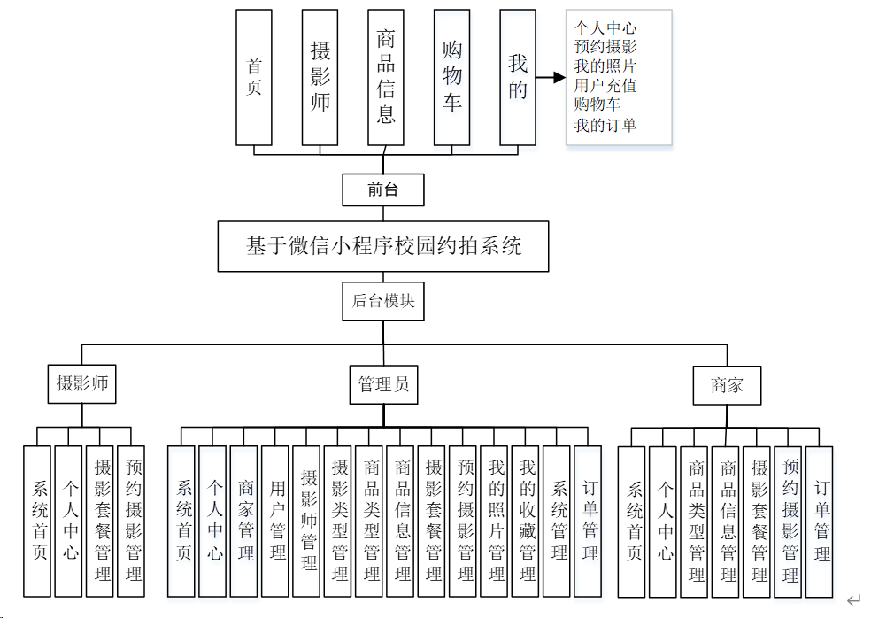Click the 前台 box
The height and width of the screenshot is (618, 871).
click(383, 189)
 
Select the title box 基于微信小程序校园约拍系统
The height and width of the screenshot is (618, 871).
click(383, 246)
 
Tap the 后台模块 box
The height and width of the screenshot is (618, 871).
click(383, 301)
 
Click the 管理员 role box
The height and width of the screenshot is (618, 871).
click(383, 385)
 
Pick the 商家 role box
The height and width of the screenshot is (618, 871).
click(727, 386)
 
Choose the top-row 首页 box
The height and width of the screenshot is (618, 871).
click(254, 77)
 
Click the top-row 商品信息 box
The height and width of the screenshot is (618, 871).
click(385, 77)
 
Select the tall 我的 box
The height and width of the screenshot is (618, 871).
click(517, 77)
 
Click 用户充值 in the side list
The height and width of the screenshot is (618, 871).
click(605, 86)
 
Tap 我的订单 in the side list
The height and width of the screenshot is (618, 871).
click(605, 125)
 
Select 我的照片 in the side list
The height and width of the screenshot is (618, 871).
click(605, 66)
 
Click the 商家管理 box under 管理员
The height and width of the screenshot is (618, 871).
click(244, 521)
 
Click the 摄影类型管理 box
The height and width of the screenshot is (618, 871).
click(338, 521)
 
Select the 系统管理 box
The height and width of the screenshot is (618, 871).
click(558, 521)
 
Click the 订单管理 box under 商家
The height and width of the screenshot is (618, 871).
click(821, 521)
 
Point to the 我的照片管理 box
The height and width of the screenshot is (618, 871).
click(495, 521)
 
